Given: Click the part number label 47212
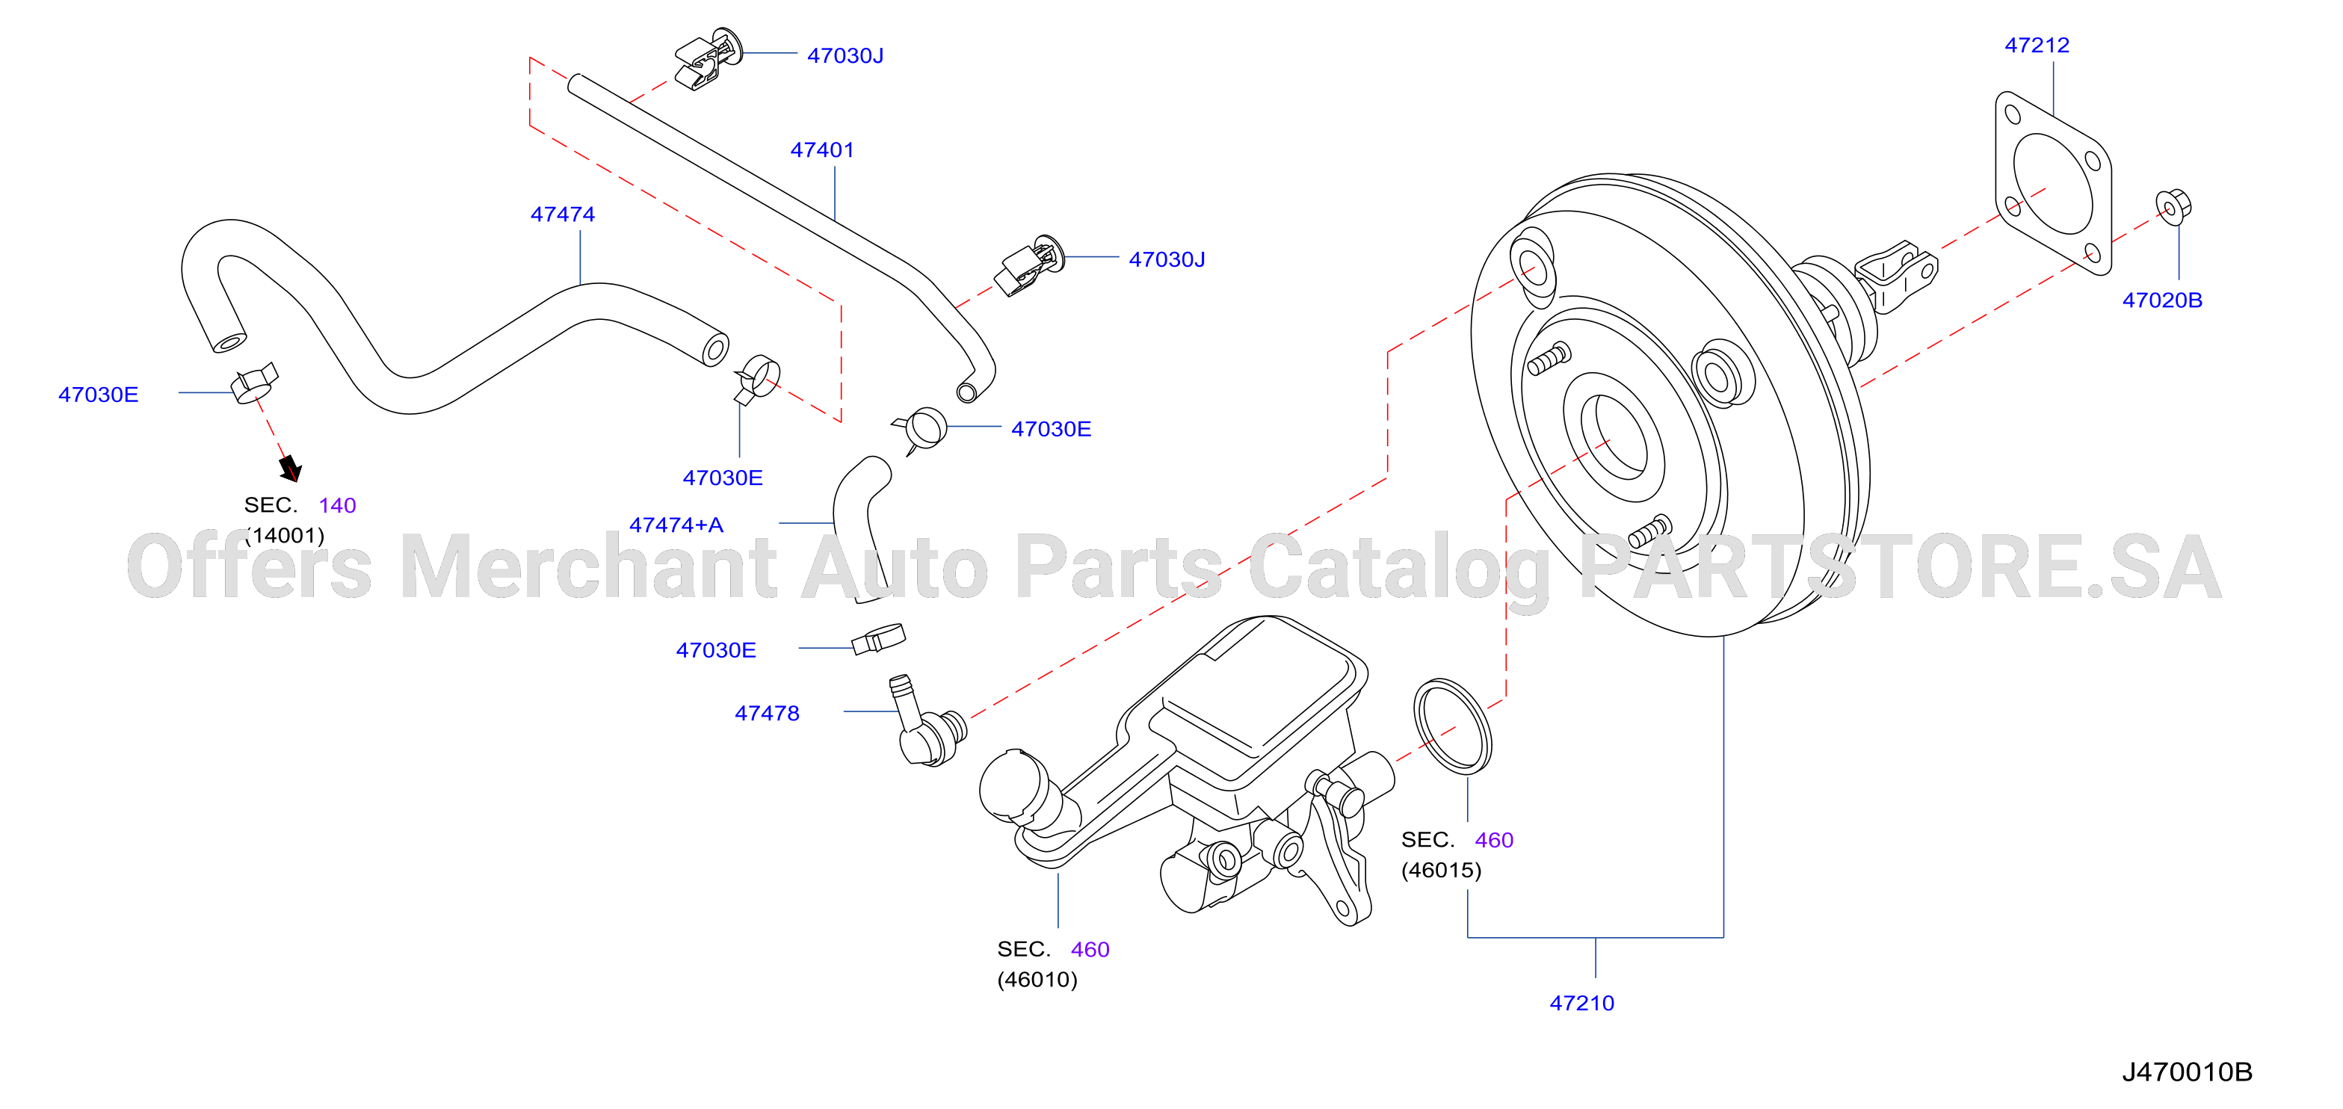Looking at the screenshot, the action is coord(2037,45).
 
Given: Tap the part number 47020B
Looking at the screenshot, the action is coord(2162,300).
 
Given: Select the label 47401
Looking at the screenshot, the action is coord(822,150).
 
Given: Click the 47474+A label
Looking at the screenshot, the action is coord(676,525).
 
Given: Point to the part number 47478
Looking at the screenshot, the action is coord(767,713).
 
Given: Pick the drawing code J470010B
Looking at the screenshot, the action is coord(2188,1072).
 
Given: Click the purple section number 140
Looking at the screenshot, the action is coord(338,506).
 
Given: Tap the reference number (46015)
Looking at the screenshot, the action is coord(1441,871).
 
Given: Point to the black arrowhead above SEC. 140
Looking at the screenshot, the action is coord(290,469).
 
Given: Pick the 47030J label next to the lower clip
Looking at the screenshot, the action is coord(1167,260).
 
